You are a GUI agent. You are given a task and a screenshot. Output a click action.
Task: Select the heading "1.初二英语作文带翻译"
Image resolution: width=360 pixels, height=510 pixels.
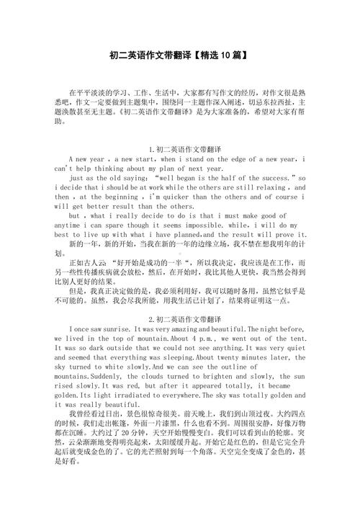pyautogui.click(x=180, y=148)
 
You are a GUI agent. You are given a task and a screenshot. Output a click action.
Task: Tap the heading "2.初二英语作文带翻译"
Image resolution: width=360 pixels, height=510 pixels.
pyautogui.click(x=180, y=318)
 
